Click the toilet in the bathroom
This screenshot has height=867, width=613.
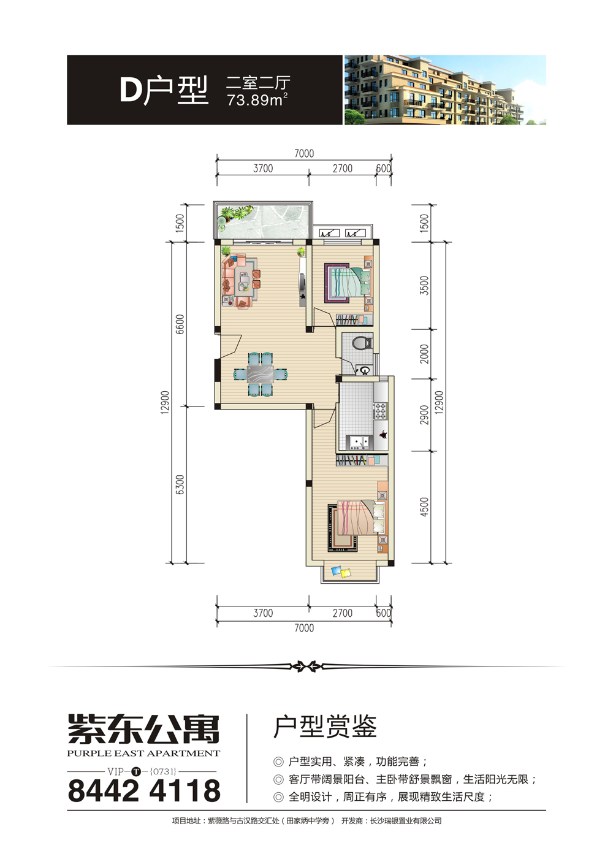363,343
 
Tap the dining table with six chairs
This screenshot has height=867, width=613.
261,374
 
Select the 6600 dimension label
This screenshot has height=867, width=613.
180,324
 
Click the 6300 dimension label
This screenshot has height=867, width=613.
180,484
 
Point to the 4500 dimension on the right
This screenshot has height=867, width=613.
425,507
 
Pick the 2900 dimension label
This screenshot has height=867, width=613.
425,414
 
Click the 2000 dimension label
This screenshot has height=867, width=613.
425,354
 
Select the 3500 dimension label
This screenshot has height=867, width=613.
425,285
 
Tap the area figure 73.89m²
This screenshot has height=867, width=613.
257,100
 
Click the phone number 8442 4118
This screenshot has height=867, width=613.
144,791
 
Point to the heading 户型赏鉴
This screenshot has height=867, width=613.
325,728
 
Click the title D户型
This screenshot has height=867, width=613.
164,90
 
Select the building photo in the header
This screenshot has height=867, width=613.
445,90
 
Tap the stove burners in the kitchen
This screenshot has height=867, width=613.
379,411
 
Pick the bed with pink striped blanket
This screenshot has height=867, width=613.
356,523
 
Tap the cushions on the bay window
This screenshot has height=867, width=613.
341,572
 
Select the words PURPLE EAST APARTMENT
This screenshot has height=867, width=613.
143,754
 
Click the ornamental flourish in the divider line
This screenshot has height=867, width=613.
306,666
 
